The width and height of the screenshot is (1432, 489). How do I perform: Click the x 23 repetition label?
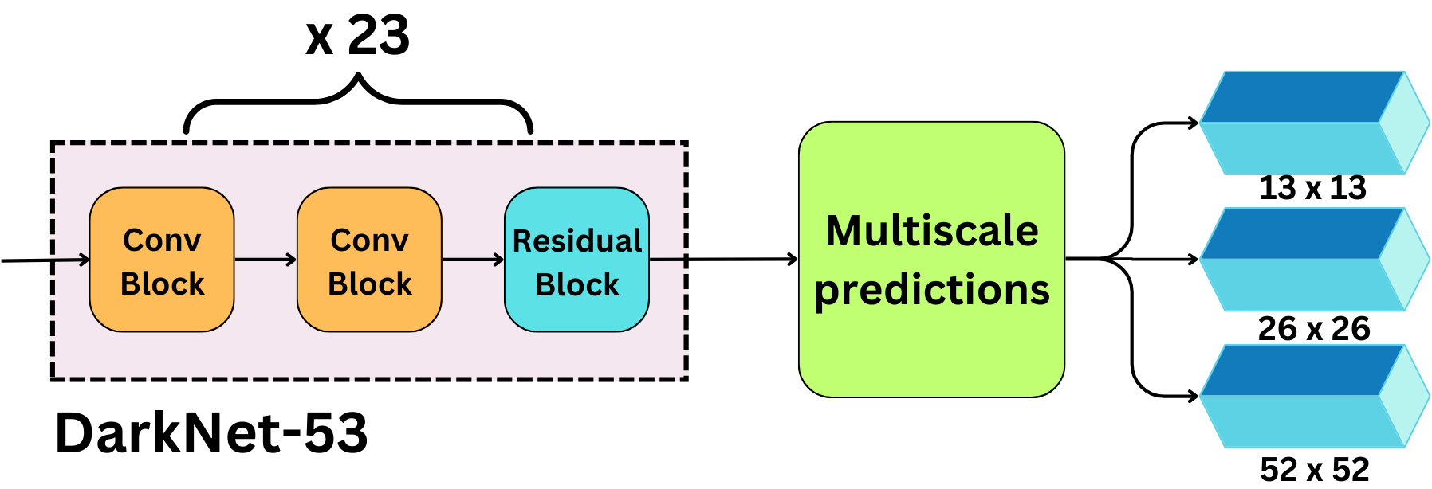358,36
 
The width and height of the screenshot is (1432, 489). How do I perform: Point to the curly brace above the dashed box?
358,101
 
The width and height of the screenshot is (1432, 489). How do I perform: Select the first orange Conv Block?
162,260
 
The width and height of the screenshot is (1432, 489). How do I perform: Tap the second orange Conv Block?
369,260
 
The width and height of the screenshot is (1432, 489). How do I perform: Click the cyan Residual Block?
576,260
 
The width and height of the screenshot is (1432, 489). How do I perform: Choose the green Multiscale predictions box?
932,260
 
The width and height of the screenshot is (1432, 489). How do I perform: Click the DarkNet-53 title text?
211,433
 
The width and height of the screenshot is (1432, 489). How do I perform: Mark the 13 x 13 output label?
1312,188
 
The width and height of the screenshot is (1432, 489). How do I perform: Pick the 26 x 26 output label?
1314,328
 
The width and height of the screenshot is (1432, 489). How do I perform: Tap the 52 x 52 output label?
1315,469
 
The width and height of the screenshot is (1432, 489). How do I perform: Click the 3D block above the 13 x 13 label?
1314,123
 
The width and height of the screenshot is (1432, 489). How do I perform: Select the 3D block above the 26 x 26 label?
1314,260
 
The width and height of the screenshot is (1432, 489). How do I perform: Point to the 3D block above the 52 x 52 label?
1314,396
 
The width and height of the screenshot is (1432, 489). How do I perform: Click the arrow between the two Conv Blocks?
266,260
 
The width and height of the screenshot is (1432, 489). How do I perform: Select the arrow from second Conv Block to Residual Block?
473,260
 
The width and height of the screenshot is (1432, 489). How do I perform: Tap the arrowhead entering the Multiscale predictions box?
793,259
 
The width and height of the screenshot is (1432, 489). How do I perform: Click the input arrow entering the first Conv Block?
45,260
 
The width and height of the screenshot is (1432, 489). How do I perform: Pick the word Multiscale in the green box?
932,231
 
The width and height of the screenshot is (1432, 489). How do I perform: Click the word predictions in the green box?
932,290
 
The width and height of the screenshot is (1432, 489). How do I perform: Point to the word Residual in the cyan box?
576,241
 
